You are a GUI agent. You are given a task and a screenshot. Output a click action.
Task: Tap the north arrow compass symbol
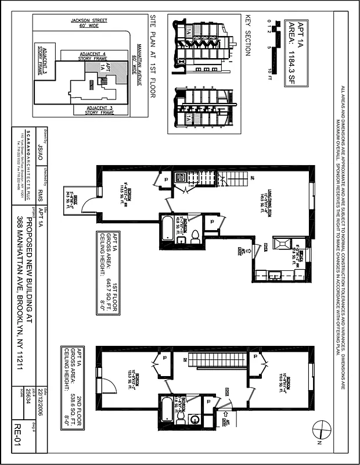tap(319, 431)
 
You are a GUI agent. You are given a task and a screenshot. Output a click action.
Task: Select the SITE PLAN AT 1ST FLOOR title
tap(153, 56)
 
